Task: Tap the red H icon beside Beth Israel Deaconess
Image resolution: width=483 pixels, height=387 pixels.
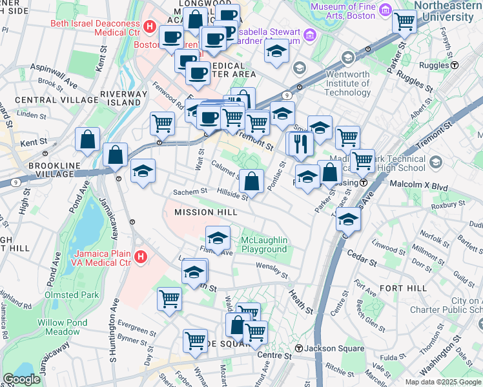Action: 150,26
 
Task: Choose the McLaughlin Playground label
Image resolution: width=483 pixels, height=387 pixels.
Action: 263,245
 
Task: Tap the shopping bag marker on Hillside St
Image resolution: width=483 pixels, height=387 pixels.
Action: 252,181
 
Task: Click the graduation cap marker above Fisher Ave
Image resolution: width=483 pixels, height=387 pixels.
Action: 218,237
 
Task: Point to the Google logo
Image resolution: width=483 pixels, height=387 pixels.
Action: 22,379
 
